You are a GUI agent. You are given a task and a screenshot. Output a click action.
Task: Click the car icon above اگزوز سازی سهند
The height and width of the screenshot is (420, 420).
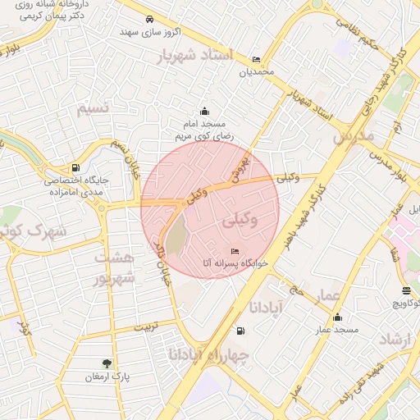(x=148, y=19)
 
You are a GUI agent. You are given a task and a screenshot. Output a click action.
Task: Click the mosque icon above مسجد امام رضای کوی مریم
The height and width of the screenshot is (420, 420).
(x=203, y=112)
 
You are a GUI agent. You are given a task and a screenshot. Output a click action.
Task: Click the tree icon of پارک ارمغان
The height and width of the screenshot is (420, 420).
(x=107, y=363)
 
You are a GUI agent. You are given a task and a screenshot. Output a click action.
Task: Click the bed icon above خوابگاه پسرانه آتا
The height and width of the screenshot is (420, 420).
(x=236, y=250)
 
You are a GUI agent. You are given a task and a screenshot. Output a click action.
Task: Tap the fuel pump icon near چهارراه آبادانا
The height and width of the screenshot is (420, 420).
(x=240, y=331)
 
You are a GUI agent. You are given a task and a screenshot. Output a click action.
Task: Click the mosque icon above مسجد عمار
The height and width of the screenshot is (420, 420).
(x=337, y=317)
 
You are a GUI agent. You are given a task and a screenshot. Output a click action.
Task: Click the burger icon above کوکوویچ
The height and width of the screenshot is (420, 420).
(x=407, y=291)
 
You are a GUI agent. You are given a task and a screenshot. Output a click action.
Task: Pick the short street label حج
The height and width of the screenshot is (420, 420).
(x=295, y=291)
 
